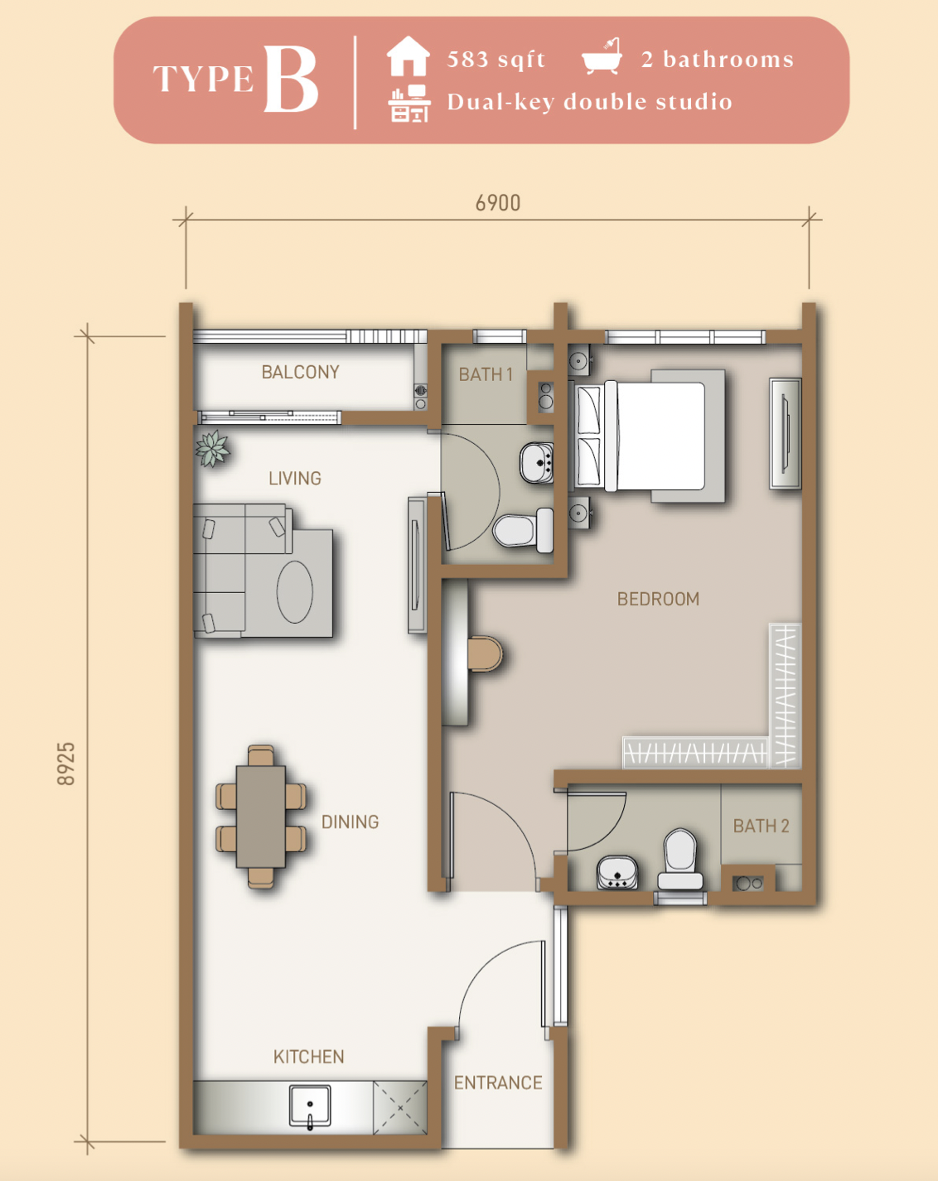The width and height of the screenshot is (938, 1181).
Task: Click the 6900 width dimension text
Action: [x=497, y=203]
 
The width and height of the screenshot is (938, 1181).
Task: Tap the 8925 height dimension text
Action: [x=66, y=764]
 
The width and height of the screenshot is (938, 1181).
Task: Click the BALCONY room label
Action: [x=301, y=372]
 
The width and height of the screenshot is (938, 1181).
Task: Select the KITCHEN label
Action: [x=308, y=1057]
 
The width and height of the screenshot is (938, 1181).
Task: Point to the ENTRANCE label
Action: [x=498, y=1082]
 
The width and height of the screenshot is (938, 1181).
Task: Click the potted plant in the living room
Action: [x=212, y=448]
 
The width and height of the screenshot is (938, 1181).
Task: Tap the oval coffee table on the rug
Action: [x=294, y=592]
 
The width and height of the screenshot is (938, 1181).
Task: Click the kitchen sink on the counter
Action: [x=310, y=1107]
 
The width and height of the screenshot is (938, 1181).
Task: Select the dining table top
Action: [x=261, y=817]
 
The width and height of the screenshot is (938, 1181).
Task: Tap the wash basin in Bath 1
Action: [x=537, y=463]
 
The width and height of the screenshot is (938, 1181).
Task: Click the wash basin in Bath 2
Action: [x=617, y=873]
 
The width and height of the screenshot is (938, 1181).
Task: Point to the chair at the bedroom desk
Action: [x=486, y=653]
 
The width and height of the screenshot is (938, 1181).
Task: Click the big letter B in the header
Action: [x=291, y=79]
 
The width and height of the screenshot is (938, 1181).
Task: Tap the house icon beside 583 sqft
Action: [x=408, y=56]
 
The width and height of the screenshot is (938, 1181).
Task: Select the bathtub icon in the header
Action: [x=602, y=56]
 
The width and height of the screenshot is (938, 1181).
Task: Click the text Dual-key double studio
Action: [x=590, y=102]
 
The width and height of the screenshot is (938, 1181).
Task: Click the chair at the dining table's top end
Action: [x=261, y=755]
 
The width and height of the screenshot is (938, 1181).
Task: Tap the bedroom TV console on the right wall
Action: [x=786, y=433]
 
